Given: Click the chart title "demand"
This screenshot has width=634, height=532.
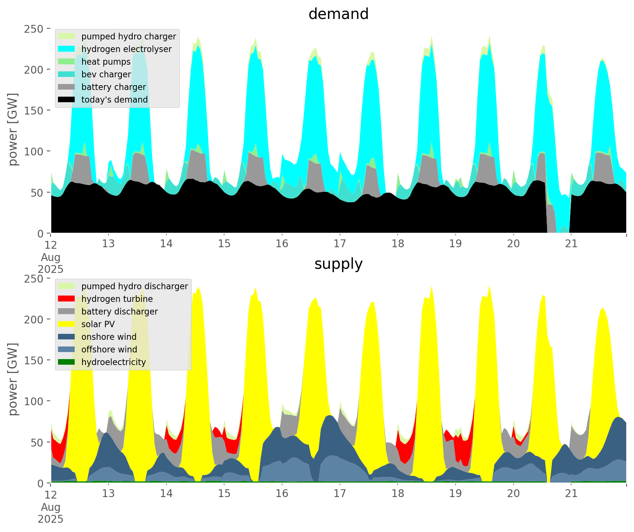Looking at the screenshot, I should coord(338,14).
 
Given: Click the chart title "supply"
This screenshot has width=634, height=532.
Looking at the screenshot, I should coord(338,264).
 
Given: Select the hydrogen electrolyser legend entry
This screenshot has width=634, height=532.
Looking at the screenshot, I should coord(126,49).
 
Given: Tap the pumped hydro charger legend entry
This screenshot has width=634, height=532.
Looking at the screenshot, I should coord(129,36).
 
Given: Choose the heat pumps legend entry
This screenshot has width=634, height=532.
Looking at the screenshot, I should coord(106,62).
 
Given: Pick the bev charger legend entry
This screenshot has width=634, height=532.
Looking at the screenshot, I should coord(106,74).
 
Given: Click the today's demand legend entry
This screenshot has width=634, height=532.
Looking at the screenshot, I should coord(114,100).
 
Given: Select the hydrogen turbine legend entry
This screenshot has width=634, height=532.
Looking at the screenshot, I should coord(117,299).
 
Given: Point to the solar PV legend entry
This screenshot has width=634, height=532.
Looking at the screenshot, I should coord(98,324).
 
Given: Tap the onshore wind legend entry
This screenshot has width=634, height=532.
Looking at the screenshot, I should coord(109,337).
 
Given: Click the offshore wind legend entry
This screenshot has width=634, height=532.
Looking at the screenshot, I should coord(109,349).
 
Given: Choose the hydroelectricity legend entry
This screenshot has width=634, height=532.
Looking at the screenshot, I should coord(113,362).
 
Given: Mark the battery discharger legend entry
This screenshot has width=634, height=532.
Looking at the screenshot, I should coord(120,312).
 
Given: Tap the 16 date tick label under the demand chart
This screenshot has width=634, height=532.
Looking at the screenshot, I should coord(282,244).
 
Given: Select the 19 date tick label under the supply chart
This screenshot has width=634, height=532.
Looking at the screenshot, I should coord(456,494).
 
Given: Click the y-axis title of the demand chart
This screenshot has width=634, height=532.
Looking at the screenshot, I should coord(13,129).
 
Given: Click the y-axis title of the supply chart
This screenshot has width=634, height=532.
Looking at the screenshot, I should coord(13,379).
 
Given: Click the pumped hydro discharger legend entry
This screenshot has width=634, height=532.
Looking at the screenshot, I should coord(135,286).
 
